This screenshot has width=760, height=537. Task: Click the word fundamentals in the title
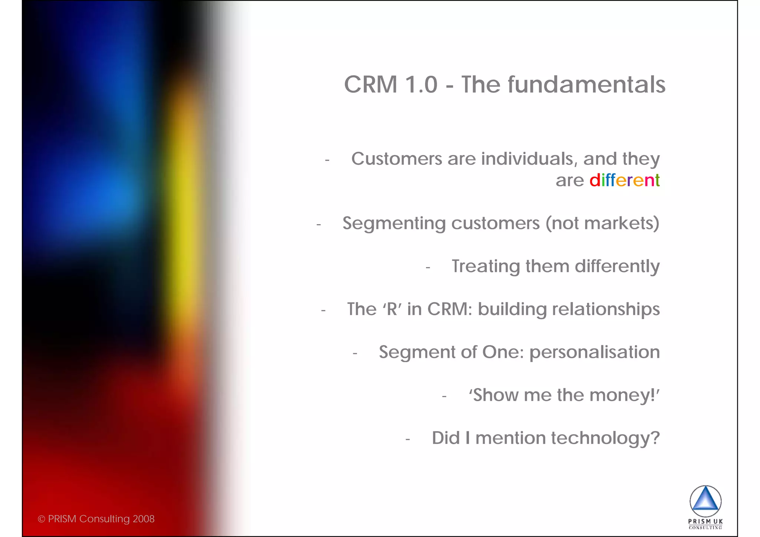(x=586, y=85)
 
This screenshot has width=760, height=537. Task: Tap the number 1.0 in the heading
(x=421, y=85)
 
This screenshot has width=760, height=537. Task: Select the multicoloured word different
(x=625, y=180)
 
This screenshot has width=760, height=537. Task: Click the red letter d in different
(x=594, y=180)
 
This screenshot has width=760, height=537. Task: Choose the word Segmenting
(x=394, y=224)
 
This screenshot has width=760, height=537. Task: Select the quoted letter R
(x=392, y=309)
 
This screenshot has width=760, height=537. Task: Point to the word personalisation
(x=594, y=353)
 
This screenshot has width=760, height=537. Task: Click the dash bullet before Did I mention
(x=407, y=439)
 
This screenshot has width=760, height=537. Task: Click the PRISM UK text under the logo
(x=705, y=521)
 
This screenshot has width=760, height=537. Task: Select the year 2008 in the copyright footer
(x=144, y=519)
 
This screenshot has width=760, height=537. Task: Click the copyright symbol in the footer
(x=41, y=519)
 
